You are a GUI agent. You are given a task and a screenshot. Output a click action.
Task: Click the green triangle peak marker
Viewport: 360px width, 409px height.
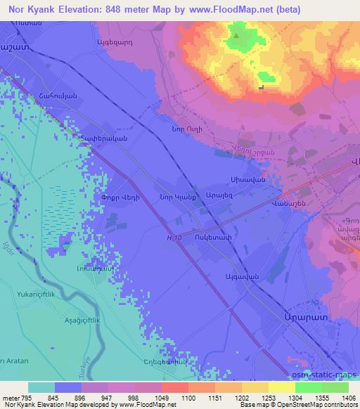236,34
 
